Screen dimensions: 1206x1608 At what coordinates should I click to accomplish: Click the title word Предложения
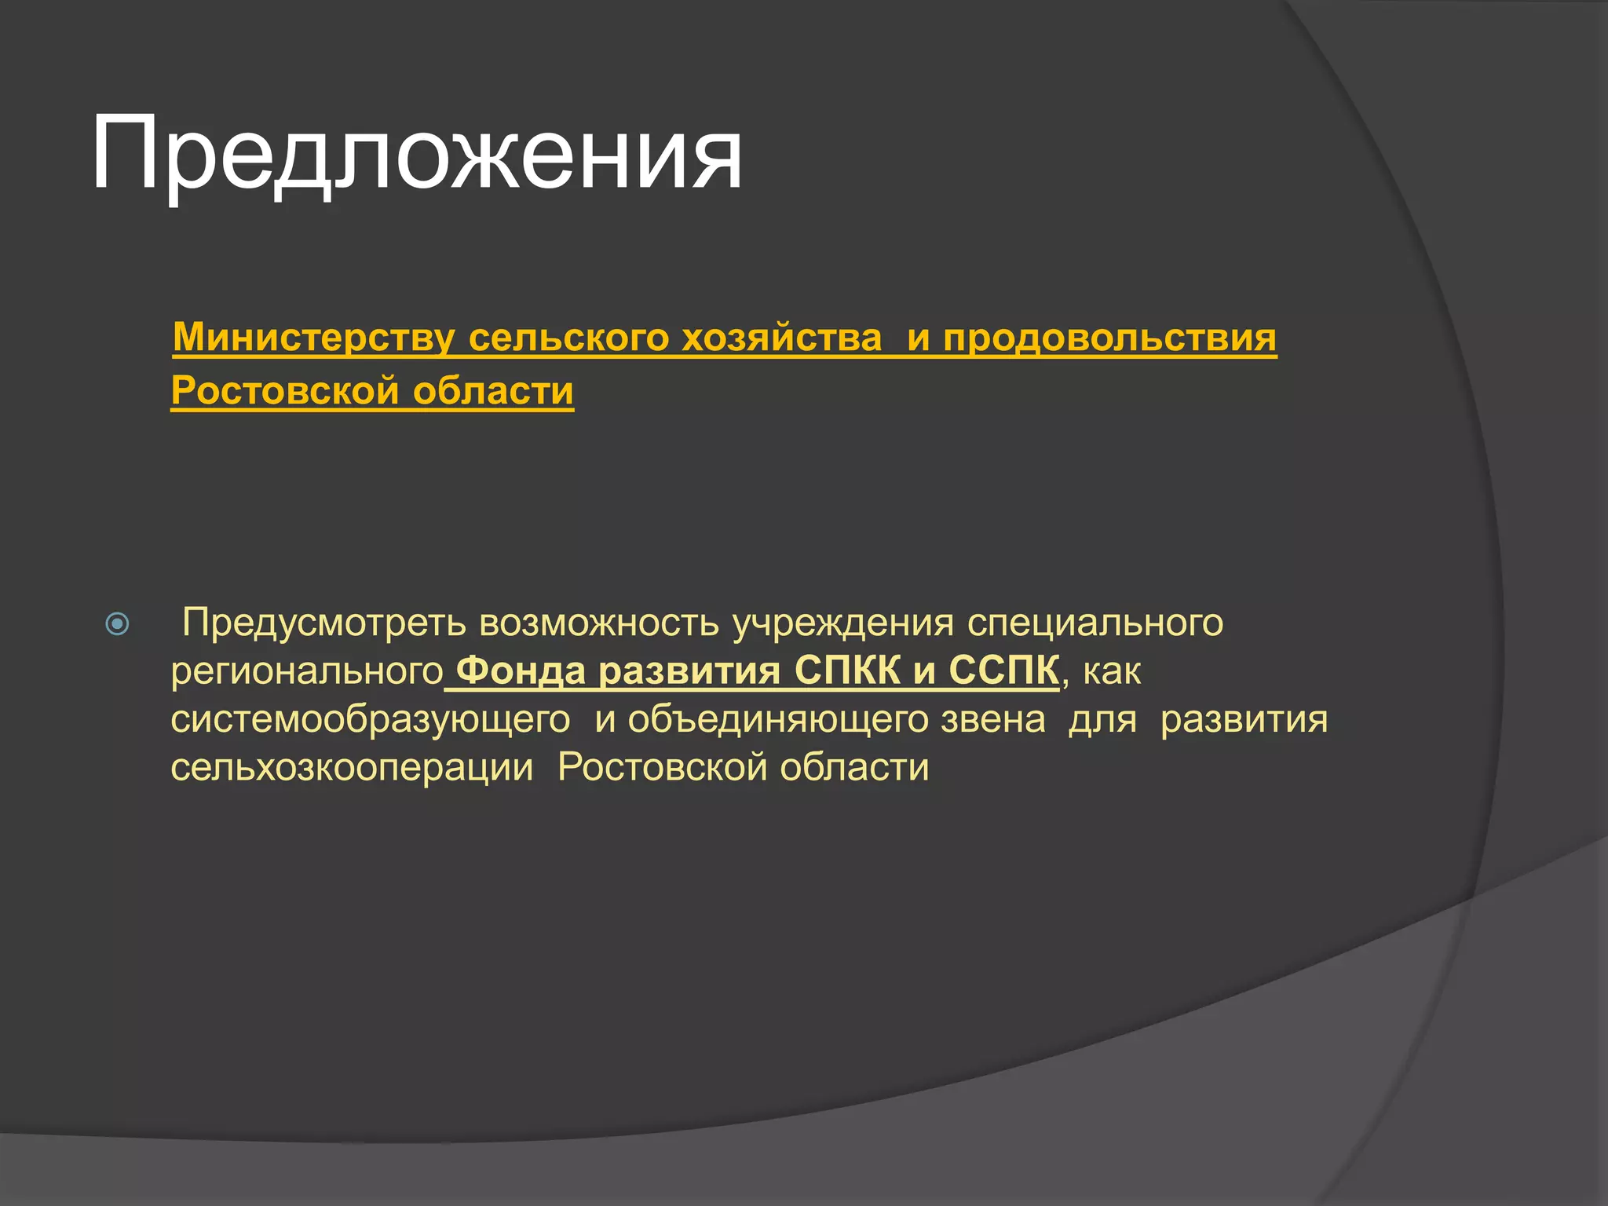pos(416,153)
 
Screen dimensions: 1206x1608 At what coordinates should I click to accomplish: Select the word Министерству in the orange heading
pos(313,338)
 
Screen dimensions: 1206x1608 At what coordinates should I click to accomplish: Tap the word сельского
pos(569,338)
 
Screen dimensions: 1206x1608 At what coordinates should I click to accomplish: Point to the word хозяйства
pos(781,338)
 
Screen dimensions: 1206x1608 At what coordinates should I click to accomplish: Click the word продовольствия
pos(1109,338)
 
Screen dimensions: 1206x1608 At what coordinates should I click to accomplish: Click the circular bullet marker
pos(117,624)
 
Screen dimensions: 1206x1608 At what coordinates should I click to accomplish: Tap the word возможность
pos(599,623)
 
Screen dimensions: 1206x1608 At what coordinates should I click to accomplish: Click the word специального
pos(1095,623)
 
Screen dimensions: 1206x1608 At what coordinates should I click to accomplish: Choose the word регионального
pos(307,672)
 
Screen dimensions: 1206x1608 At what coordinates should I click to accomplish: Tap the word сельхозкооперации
pos(352,767)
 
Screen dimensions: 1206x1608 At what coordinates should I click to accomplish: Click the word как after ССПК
pos(1112,672)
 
